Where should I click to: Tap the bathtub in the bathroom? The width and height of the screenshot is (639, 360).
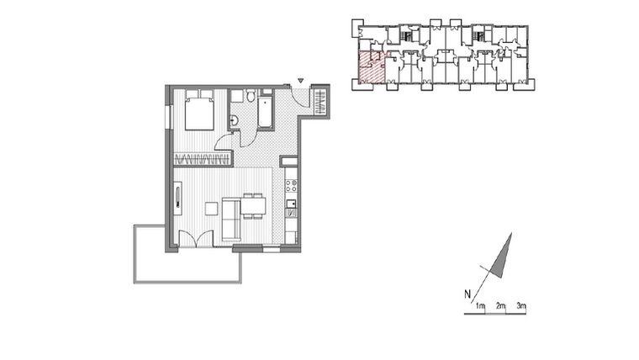(x=265, y=113)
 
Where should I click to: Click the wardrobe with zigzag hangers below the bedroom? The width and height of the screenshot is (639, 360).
(x=202, y=159)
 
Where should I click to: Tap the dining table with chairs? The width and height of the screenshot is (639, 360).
(x=253, y=204)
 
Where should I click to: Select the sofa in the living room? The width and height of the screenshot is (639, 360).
(x=231, y=219)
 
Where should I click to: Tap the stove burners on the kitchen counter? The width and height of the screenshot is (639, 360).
(x=290, y=183)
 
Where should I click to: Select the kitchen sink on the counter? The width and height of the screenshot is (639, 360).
(x=290, y=204)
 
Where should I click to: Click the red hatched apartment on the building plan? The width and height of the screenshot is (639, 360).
(x=371, y=67)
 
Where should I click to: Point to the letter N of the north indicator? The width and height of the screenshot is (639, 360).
(x=466, y=294)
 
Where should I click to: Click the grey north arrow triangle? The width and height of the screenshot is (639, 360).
(x=503, y=256)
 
